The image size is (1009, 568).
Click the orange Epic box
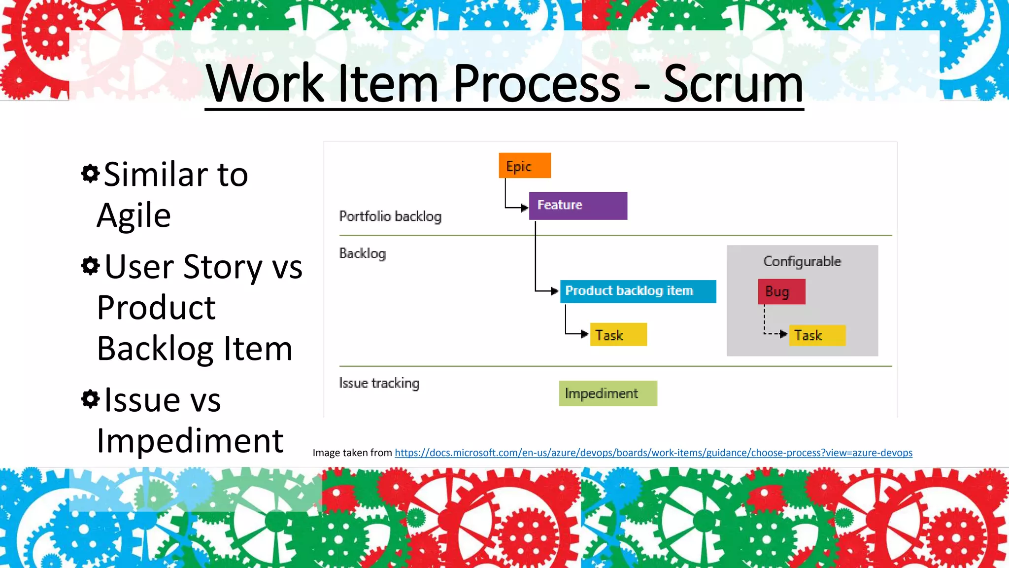click(525, 166)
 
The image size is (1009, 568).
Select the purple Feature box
click(578, 206)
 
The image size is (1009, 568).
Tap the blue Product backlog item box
click(638, 291)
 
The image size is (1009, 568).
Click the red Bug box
click(781, 291)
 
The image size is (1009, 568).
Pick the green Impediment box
click(608, 393)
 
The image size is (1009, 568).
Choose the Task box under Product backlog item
click(618, 335)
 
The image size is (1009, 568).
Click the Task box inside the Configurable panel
click(817, 335)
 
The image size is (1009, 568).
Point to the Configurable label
click(802, 261)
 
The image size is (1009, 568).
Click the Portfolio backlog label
click(390, 216)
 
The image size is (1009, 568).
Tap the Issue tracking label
click(379, 383)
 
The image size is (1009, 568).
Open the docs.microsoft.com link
click(653, 453)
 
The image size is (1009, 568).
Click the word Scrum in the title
click(733, 84)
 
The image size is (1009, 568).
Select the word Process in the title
click(537, 84)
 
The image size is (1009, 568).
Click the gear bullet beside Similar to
click(90, 174)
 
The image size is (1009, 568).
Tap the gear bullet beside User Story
click(90, 266)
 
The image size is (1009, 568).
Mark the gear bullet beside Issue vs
click(90, 398)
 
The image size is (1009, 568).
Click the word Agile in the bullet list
click(134, 215)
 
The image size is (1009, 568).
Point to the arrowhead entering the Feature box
click(524, 208)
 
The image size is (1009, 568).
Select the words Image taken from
click(352, 453)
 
